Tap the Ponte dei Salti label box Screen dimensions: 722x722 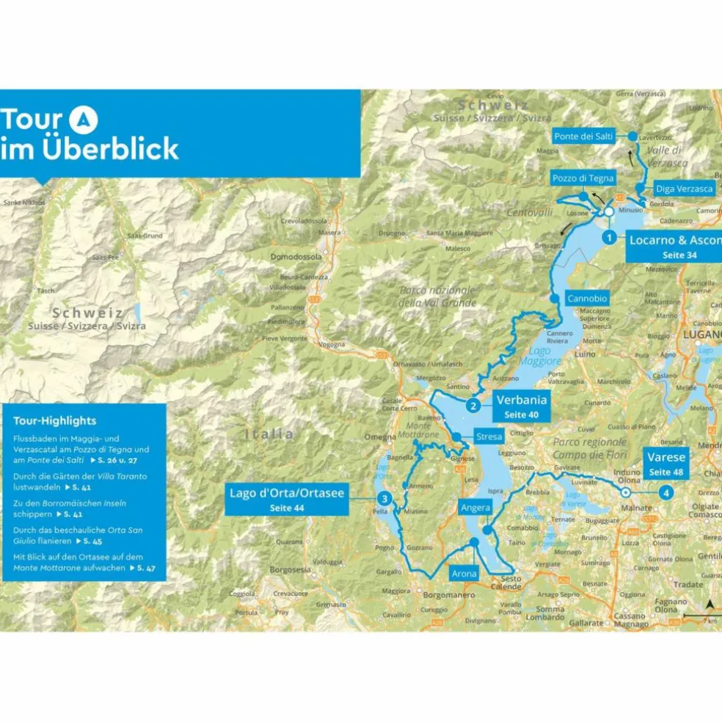click(x=583, y=136)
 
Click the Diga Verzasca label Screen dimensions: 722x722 click(x=684, y=189)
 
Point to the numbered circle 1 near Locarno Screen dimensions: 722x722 click(x=608, y=237)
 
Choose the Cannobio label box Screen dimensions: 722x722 click(x=588, y=299)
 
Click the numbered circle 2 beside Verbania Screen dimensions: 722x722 click(x=474, y=405)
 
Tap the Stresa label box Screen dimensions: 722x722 click(x=489, y=437)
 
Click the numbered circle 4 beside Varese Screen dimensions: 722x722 click(x=666, y=492)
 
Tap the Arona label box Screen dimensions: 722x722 click(x=464, y=573)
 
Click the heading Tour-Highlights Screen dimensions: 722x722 click(x=54, y=420)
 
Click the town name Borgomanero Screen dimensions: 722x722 click(x=449, y=595)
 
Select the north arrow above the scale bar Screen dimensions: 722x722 click(x=710, y=604)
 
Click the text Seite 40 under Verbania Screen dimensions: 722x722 click(x=521, y=415)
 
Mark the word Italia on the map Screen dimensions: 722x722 click(x=271, y=434)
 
